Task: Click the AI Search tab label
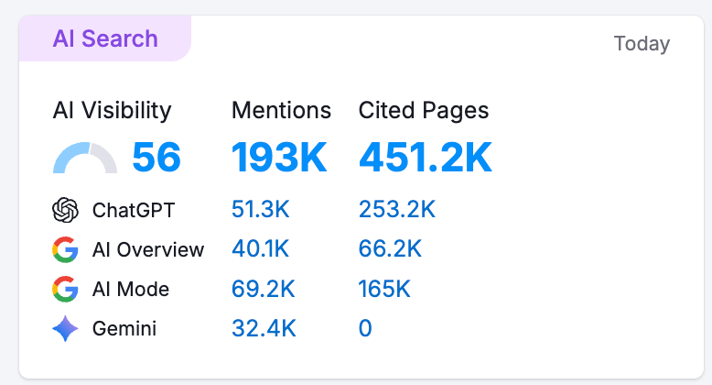(x=105, y=38)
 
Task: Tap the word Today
(x=642, y=43)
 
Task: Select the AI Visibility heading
(x=112, y=111)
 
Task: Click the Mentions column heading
(x=281, y=111)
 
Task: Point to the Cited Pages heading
(x=424, y=111)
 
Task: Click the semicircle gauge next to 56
(x=85, y=159)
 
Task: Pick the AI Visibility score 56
(x=156, y=158)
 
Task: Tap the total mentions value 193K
(x=279, y=158)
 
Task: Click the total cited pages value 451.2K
(x=426, y=158)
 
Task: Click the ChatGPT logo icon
(x=66, y=210)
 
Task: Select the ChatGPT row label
(x=134, y=210)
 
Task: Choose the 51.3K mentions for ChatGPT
(x=261, y=210)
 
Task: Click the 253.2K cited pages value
(x=397, y=210)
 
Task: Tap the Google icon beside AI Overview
(x=66, y=249)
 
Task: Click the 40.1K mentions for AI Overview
(x=261, y=249)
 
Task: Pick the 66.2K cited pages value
(x=390, y=249)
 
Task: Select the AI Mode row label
(x=131, y=290)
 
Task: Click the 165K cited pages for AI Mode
(x=384, y=290)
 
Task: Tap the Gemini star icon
(x=66, y=328)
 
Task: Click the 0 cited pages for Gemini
(x=365, y=328)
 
